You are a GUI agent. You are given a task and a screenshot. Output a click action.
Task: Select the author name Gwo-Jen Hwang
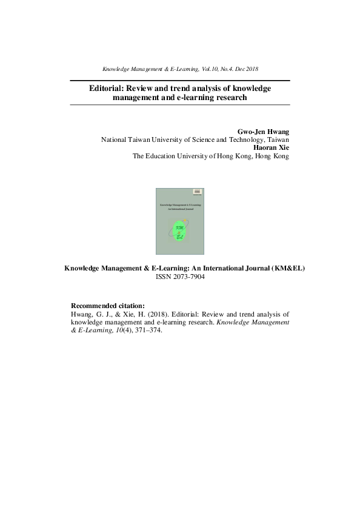pyautogui.click(x=266, y=131)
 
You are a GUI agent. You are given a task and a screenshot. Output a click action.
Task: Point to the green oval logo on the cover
pyautogui.click(x=179, y=232)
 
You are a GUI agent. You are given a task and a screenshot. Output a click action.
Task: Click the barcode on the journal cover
pyautogui.click(x=196, y=193)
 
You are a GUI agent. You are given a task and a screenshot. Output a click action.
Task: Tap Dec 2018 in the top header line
pyautogui.click(x=245, y=69)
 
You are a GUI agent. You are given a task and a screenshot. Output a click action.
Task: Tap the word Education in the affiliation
pyautogui.click(x=162, y=156)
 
